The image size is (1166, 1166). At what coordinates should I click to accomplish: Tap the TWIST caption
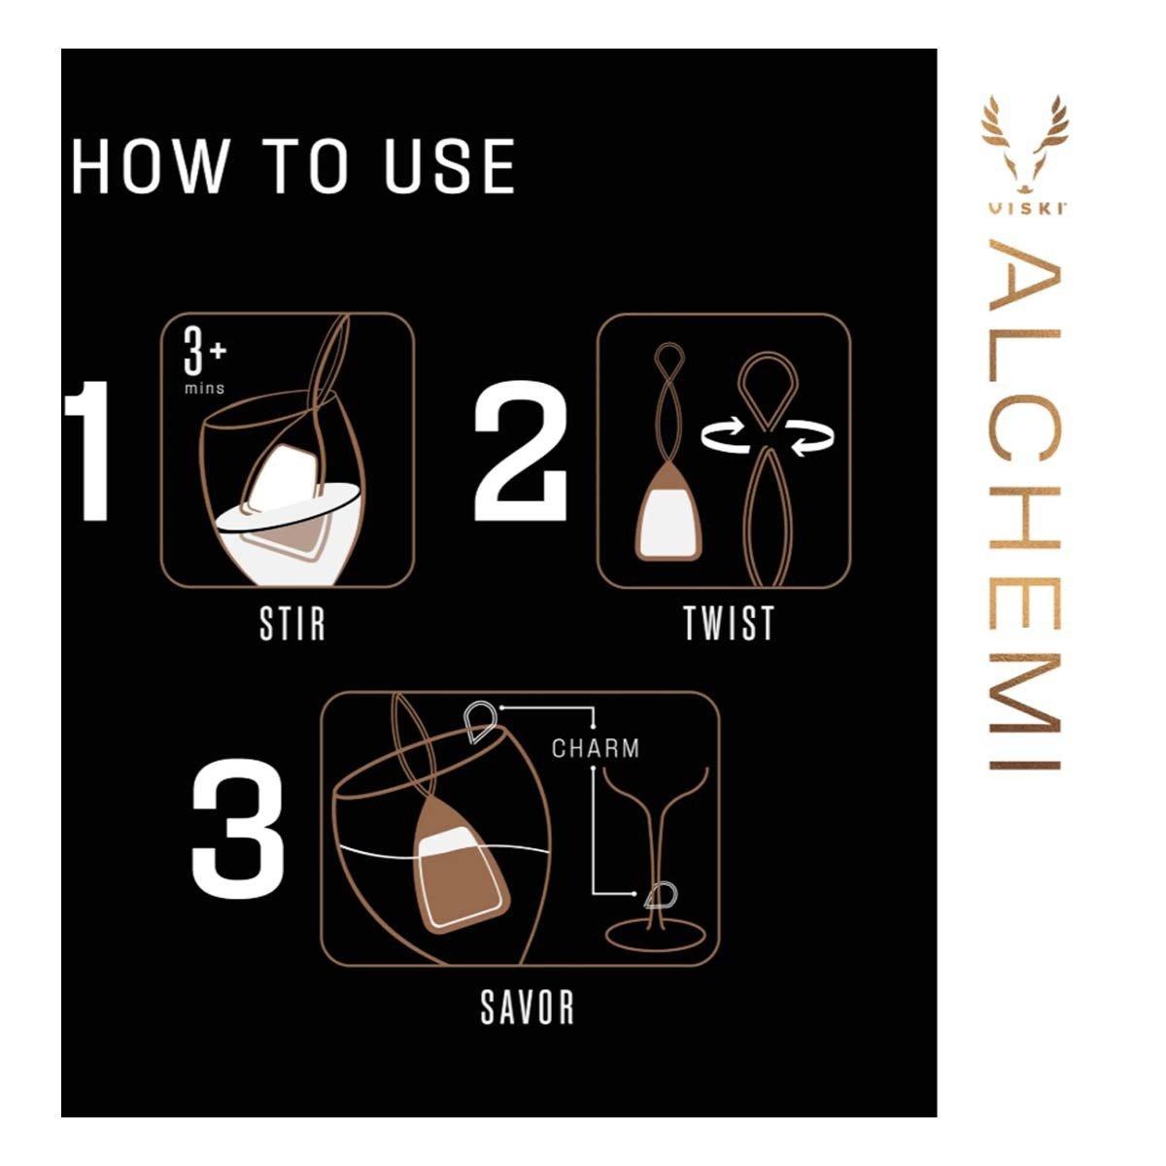pos(729,623)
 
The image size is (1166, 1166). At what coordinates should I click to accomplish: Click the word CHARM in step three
pos(596,748)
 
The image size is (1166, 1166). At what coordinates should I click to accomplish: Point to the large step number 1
pos(89,450)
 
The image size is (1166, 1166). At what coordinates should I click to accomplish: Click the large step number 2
pos(521,450)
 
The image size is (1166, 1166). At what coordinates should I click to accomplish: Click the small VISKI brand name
pos(1025,210)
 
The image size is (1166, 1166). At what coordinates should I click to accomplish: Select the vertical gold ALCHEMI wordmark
pos(1024,504)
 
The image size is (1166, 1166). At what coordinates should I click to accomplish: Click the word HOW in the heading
pos(150,166)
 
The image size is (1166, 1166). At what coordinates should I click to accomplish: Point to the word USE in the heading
pos(448,166)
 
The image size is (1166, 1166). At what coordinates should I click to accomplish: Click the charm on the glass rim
pos(480,721)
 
